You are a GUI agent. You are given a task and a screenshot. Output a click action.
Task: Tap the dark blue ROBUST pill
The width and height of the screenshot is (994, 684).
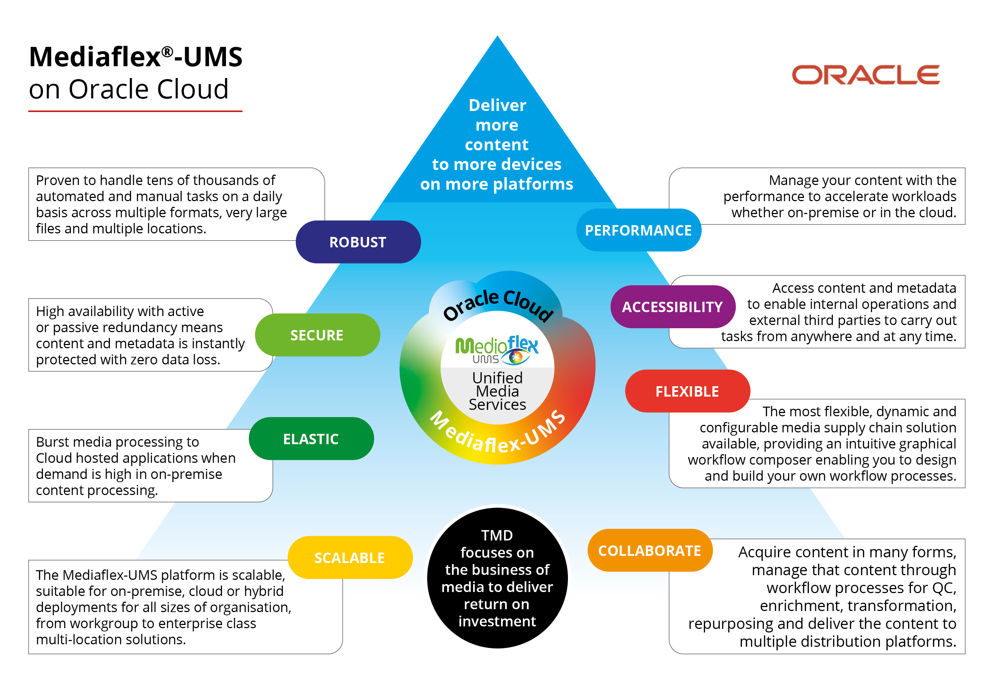click(x=358, y=242)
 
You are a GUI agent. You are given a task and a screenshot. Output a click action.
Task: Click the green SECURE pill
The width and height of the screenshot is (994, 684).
click(x=317, y=335)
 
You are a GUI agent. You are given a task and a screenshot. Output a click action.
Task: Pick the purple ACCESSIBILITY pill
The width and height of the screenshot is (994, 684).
click(x=672, y=307)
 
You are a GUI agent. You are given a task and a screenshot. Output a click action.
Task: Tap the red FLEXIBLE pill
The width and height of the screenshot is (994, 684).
click(x=687, y=391)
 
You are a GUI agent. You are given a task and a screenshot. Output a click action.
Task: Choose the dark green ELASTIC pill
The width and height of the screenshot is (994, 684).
click(x=311, y=439)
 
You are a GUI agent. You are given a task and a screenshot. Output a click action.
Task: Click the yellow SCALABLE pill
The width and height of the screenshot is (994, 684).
click(x=350, y=558)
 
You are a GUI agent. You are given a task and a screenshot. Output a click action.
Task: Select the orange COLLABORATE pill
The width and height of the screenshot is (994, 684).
click(x=650, y=551)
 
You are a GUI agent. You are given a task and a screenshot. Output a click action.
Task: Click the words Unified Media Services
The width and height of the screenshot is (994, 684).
click(x=497, y=391)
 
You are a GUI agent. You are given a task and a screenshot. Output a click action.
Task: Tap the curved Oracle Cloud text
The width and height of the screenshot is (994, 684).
click(x=498, y=303)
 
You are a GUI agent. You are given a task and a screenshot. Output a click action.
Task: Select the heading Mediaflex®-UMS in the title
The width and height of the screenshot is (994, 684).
click(x=135, y=57)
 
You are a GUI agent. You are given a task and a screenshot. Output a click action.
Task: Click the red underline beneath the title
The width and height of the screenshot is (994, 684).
click(x=135, y=111)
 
